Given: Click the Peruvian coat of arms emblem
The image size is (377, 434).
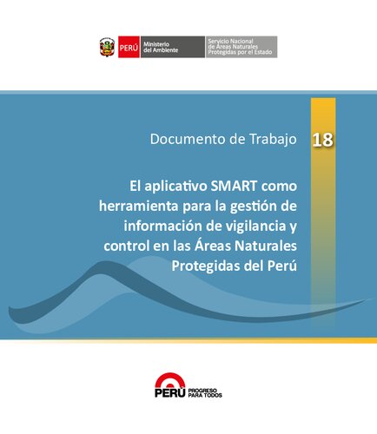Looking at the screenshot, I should (x=107, y=47).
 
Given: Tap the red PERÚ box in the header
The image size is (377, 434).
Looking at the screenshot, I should (x=128, y=47).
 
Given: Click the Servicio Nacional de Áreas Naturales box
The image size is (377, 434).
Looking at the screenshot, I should (x=241, y=47).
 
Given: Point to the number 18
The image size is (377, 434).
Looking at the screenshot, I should (x=321, y=139).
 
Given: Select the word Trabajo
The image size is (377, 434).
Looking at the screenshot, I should (x=270, y=139).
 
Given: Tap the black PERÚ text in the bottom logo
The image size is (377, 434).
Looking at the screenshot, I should (x=169, y=393).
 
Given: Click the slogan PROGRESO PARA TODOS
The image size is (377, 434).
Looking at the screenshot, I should (x=205, y=393).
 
